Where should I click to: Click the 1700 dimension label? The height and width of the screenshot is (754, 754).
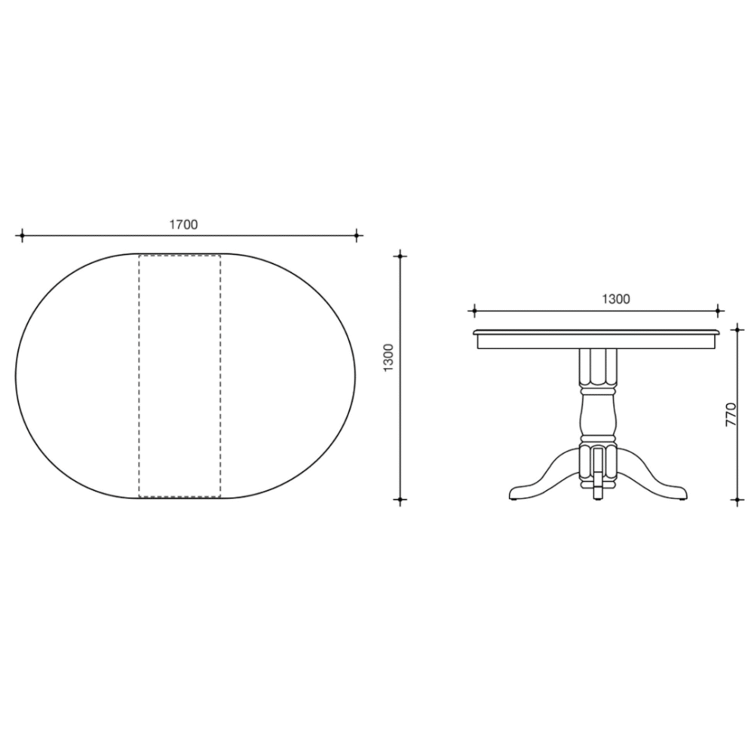coord(183,224)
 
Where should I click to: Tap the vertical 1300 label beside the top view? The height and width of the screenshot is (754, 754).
coord(388,357)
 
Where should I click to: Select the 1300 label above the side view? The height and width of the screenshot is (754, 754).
coord(616,299)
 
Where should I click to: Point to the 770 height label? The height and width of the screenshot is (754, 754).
coord(731,414)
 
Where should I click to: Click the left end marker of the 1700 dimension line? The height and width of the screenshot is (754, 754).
coord(22,235)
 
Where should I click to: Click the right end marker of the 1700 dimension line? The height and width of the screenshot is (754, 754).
coord(357,235)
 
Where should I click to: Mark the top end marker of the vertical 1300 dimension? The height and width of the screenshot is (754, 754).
coord(400,256)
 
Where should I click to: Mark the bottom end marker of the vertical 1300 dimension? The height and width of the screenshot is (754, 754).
coord(400,500)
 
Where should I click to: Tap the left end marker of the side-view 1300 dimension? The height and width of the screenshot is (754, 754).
coord(474,311)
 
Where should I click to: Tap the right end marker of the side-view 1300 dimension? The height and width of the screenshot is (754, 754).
coord(718,311)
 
